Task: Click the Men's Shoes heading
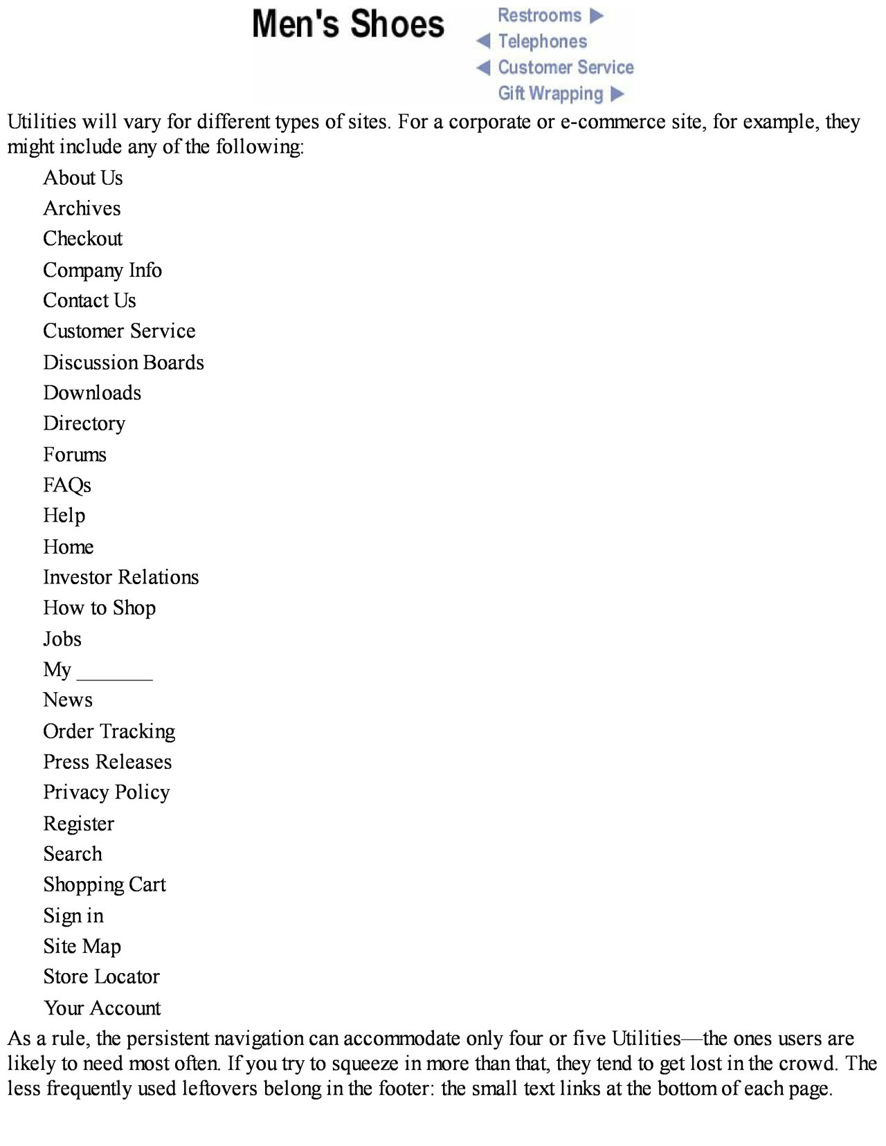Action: click(x=347, y=24)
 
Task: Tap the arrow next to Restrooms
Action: click(x=597, y=16)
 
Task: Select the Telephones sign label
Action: click(x=542, y=42)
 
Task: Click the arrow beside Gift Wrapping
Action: click(x=618, y=93)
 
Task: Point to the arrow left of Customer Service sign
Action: click(x=483, y=68)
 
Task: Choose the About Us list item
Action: click(x=83, y=178)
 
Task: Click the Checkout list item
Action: click(x=82, y=239)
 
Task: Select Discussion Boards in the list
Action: click(x=123, y=363)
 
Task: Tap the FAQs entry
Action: click(x=67, y=485)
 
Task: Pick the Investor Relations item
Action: click(x=120, y=577)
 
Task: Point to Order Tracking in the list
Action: click(x=109, y=731)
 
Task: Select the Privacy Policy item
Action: click(x=106, y=792)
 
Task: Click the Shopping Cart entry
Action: click(x=105, y=884)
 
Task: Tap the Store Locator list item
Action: click(x=101, y=976)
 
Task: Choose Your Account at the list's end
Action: click(x=102, y=1008)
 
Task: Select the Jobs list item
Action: click(x=62, y=639)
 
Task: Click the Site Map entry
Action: click(x=82, y=946)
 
